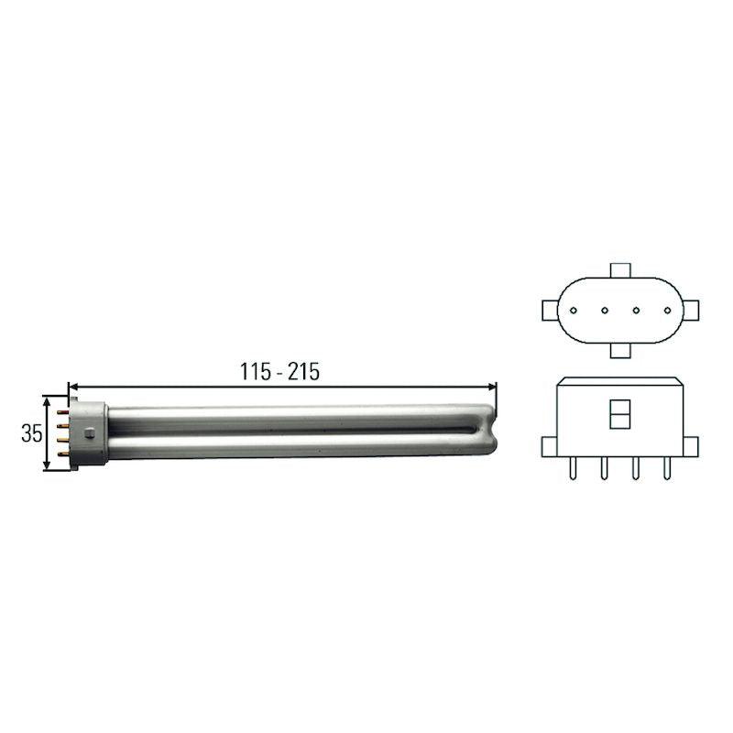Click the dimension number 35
[31, 433]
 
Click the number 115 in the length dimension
[257, 372]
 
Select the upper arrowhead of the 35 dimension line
[46, 400]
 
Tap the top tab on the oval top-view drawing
[619, 271]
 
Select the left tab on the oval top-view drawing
[551, 310]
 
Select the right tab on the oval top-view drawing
[689, 310]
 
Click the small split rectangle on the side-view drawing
[619, 414]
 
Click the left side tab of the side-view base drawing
[549, 446]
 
